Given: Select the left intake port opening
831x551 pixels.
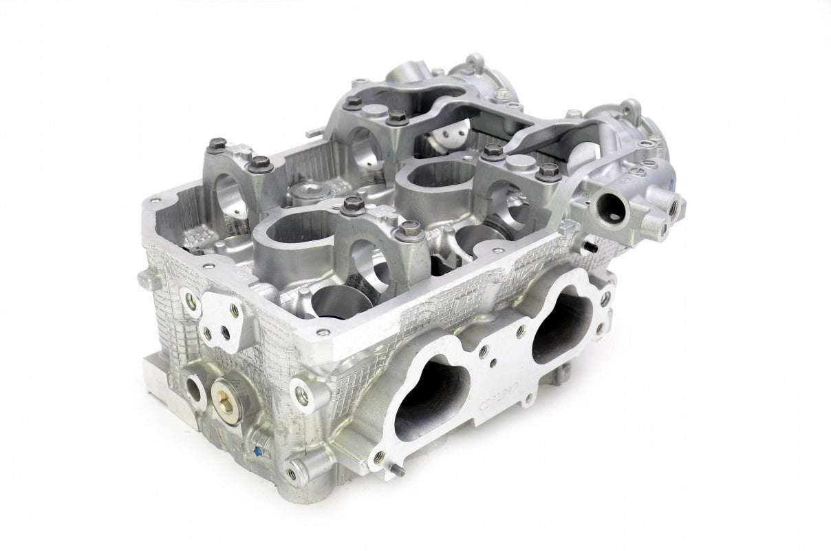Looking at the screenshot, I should (433, 389).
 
